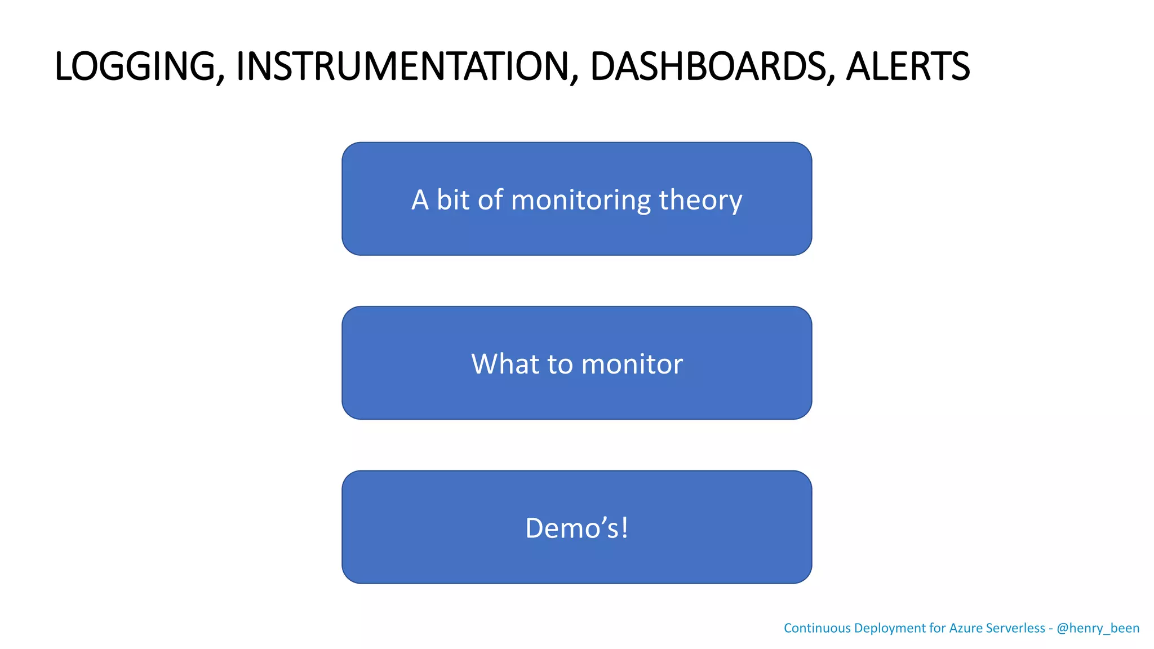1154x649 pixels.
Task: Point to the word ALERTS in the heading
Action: pyautogui.click(x=908, y=66)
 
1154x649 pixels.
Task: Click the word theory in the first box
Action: pyautogui.click(x=700, y=201)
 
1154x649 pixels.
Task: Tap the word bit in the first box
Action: pyautogui.click(x=453, y=199)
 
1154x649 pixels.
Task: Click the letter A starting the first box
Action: pyautogui.click(x=420, y=199)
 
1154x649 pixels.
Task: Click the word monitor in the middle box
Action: pyautogui.click(x=632, y=364)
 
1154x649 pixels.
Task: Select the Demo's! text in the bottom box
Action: pyautogui.click(x=576, y=528)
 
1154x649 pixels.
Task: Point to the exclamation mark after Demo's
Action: pyautogui.click(x=624, y=528)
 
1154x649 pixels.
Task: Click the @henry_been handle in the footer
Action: pyautogui.click(x=1098, y=628)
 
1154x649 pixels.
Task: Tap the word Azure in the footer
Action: pyautogui.click(x=965, y=628)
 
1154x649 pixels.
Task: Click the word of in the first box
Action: pyautogui.click(x=490, y=199)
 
